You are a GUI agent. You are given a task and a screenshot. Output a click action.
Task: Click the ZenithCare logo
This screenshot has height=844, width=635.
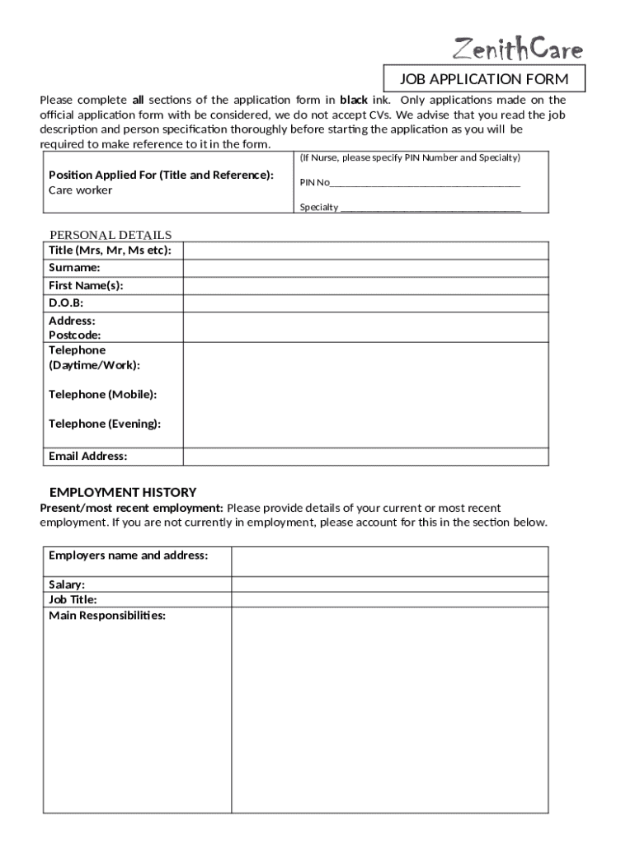(518, 49)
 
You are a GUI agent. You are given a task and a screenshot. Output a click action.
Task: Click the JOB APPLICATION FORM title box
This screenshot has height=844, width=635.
(484, 79)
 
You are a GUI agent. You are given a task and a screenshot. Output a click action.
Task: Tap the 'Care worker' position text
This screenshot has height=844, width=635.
(81, 190)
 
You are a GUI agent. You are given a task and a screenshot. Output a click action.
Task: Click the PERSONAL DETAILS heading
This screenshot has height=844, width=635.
(111, 235)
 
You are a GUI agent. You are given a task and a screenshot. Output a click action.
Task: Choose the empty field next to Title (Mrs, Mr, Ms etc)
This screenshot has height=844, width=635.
(365, 251)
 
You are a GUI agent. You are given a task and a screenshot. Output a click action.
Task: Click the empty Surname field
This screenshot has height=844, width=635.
(365, 268)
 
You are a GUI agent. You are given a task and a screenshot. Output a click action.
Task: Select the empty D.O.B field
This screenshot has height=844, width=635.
(365, 303)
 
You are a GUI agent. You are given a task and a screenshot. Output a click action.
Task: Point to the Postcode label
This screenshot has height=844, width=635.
(75, 335)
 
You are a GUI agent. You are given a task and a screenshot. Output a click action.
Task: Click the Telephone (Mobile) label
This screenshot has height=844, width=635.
(103, 395)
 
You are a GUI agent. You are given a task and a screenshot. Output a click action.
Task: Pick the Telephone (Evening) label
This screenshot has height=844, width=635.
(105, 424)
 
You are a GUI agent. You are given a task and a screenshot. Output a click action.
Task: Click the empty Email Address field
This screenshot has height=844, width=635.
(365, 457)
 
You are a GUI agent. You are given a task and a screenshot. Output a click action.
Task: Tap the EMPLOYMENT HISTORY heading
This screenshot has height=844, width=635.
(123, 492)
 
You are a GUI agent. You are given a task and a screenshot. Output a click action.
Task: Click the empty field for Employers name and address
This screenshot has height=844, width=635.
(389, 561)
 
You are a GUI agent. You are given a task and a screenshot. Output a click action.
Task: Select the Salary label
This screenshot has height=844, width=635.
(67, 584)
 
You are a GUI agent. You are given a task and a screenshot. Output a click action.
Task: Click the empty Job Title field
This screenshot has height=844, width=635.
(389, 600)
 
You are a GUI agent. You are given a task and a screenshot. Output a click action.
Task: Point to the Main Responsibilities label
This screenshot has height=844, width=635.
(107, 616)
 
